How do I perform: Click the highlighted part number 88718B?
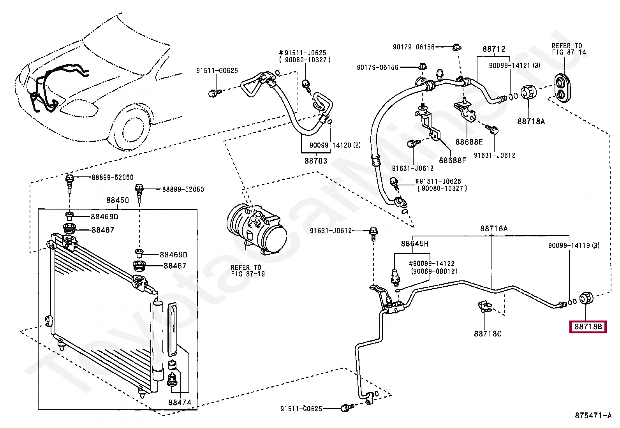pyautogui.click(x=588, y=327)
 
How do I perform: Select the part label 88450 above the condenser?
pyautogui.click(x=117, y=200)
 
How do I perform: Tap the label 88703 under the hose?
pyautogui.click(x=315, y=160)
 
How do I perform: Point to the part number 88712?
pyautogui.click(x=494, y=49)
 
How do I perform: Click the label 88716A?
pyautogui.click(x=493, y=229)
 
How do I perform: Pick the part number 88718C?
pyautogui.click(x=488, y=334)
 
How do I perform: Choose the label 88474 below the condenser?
pyautogui.click(x=180, y=402)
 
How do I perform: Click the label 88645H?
pyautogui.click(x=414, y=244)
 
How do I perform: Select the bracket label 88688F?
pyautogui.click(x=452, y=160)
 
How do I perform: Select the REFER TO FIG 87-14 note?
pyautogui.click(x=569, y=49)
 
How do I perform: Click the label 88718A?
pyautogui.click(x=531, y=121)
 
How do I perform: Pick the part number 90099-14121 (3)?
pyautogui.click(x=514, y=65)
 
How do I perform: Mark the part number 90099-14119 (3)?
pyautogui.click(x=574, y=245)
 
